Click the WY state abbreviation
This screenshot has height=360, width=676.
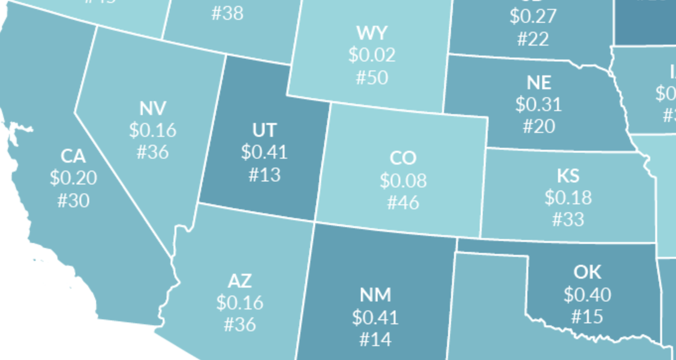(372, 32)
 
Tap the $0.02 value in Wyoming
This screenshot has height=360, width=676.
(372, 55)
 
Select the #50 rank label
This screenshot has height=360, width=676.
(372, 77)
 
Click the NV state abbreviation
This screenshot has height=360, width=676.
(153, 108)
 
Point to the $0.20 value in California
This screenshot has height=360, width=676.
(73, 178)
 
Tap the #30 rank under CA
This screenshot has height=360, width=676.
(73, 200)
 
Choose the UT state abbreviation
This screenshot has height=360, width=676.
(265, 130)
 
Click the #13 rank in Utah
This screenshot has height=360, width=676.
(265, 175)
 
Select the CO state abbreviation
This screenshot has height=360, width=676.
(402, 158)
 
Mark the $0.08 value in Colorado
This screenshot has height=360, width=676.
(402, 180)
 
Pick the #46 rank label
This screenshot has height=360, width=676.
(402, 202)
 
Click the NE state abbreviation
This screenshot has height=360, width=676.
(539, 82)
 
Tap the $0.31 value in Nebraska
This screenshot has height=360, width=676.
(539, 104)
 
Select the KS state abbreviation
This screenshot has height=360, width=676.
(567, 175)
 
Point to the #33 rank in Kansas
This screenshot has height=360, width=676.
(567, 219)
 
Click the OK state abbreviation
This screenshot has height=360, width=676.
(587, 272)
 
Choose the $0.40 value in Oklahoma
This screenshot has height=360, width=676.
(587, 294)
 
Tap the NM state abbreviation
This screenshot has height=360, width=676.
(375, 295)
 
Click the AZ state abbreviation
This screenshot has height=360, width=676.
(240, 280)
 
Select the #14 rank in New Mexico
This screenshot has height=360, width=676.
(375, 339)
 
